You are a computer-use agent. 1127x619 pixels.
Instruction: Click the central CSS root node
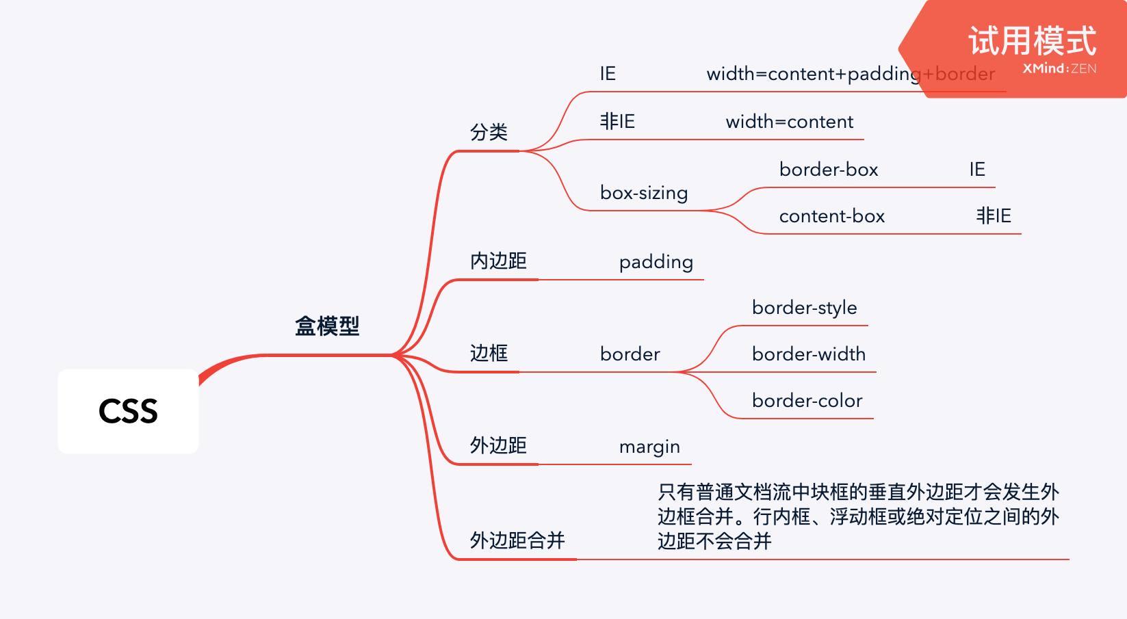coord(128,411)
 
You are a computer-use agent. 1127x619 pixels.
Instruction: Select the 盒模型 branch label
coord(327,326)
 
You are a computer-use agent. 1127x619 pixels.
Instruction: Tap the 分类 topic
coord(489,132)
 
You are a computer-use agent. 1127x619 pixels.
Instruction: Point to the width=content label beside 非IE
coord(789,122)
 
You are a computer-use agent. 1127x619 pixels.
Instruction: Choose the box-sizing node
coord(644,193)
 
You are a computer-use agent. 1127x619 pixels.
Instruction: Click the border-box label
coord(829,170)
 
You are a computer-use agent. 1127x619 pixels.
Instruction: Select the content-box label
coord(832,216)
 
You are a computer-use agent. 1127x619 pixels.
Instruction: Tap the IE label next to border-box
coord(977,170)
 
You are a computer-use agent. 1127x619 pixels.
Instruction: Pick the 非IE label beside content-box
coord(993,216)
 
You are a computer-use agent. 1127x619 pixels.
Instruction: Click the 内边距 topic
coord(498,261)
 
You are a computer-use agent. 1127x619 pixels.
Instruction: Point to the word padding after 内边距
coord(656,262)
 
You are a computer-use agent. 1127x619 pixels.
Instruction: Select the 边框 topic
coord(489,353)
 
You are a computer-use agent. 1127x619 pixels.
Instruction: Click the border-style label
coord(804,308)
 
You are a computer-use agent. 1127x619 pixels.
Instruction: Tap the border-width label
coord(808,354)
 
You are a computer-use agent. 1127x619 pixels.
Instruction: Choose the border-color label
coord(807,401)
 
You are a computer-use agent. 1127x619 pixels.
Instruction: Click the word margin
coord(649,447)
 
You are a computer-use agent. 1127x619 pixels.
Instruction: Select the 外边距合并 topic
coord(517,540)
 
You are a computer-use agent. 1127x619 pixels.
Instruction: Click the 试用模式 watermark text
coord(1032,41)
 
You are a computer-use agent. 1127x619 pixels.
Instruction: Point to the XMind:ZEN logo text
coord(1059,68)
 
